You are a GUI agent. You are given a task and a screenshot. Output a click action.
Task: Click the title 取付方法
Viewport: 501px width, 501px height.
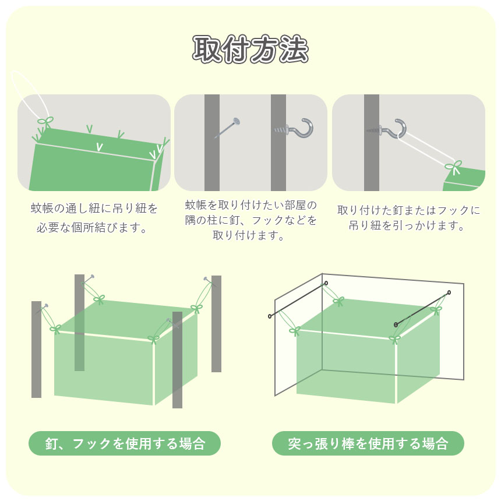[x=250, y=49]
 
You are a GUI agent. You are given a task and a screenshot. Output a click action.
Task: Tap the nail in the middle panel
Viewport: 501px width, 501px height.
[x=228, y=128]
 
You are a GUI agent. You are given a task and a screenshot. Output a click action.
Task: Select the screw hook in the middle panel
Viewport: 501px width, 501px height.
[x=294, y=128]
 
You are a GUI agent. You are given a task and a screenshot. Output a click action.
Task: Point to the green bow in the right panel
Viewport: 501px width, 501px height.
[x=454, y=167]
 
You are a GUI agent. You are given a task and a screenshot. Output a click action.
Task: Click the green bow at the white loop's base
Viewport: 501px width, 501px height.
[x=45, y=121]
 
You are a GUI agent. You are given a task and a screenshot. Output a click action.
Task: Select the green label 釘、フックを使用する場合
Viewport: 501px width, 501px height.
[x=125, y=443]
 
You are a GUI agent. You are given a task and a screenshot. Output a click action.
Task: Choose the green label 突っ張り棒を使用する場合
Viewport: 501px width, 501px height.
[x=368, y=443]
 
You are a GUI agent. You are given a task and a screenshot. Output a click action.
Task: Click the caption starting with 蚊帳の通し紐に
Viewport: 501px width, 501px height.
[x=94, y=218]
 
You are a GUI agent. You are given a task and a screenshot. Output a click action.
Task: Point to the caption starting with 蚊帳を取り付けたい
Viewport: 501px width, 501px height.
[x=250, y=220]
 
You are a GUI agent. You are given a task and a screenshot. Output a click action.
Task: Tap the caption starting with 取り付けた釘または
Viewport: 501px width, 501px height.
[x=408, y=218]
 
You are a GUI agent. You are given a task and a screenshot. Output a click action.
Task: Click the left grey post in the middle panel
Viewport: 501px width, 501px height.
[x=212, y=143]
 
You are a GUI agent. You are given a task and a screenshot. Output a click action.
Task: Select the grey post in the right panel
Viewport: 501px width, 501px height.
[x=372, y=143]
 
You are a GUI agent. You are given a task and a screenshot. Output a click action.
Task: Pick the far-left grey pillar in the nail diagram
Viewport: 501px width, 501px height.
[x=37, y=349]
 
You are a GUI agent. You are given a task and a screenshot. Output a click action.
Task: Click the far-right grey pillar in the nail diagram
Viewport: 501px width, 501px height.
[x=216, y=324]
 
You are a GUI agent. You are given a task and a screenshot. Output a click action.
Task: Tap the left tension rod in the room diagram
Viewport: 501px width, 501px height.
[x=298, y=299]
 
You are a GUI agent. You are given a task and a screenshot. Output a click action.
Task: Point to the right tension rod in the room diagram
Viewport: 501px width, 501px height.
[x=422, y=309]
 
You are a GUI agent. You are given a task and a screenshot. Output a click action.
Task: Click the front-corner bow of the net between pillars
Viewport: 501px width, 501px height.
[x=153, y=338]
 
